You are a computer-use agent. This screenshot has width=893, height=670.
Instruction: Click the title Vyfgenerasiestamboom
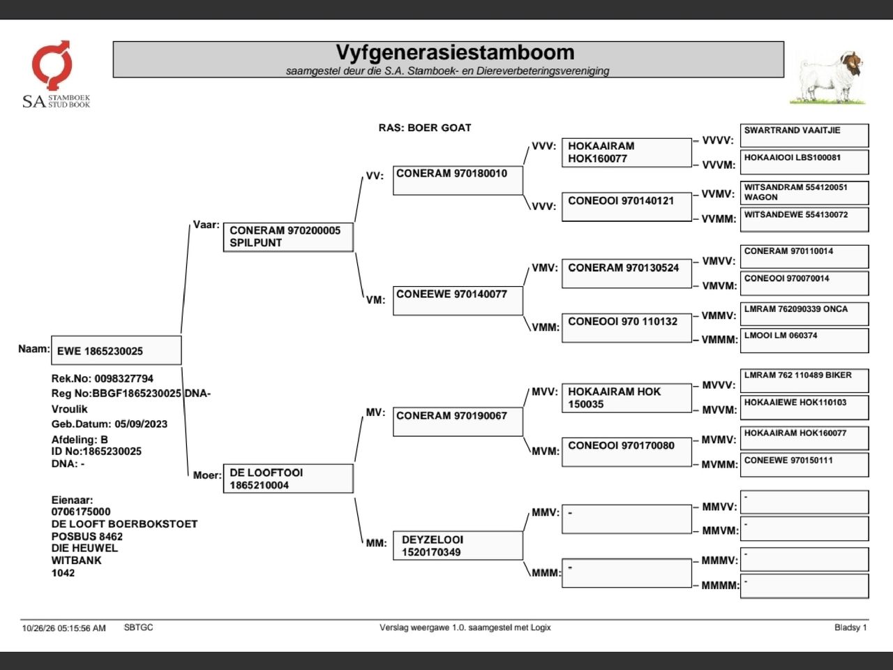pos(455,52)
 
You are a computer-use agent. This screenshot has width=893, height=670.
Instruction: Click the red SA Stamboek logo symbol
pos(52,65)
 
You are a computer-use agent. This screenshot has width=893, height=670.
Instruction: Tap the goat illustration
pos(828,77)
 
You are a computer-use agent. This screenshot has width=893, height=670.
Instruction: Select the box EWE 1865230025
pos(117,350)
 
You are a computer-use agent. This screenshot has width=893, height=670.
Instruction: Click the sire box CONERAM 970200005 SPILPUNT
pos(288,237)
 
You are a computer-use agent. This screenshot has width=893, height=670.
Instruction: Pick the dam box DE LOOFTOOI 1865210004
pos(288,478)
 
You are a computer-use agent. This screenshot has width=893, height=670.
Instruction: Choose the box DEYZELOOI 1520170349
pos(458,546)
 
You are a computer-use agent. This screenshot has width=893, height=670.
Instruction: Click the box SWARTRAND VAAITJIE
pos(804,135)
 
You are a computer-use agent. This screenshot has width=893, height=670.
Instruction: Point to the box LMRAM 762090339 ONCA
pos(804,313)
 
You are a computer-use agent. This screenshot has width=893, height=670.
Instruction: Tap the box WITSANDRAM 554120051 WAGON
pos(804,193)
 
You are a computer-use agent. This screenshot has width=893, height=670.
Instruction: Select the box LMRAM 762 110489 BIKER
pos(804,380)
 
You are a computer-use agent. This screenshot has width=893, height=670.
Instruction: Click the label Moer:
pos(207,475)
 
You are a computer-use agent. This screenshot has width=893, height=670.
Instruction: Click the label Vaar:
pos(206,225)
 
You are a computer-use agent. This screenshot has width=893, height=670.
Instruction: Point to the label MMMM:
pos(721,586)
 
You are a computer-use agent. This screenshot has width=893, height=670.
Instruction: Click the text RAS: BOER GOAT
pos(425,128)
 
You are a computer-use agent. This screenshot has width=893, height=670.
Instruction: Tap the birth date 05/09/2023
pos(141,424)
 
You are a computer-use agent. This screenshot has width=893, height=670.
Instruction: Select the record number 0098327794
pos(123,379)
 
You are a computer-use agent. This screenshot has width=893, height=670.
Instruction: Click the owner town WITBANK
pos(77,560)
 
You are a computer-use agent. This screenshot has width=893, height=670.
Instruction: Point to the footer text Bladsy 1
pos(850,627)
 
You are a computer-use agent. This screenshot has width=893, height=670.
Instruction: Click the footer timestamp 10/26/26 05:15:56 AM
pos(64,628)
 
